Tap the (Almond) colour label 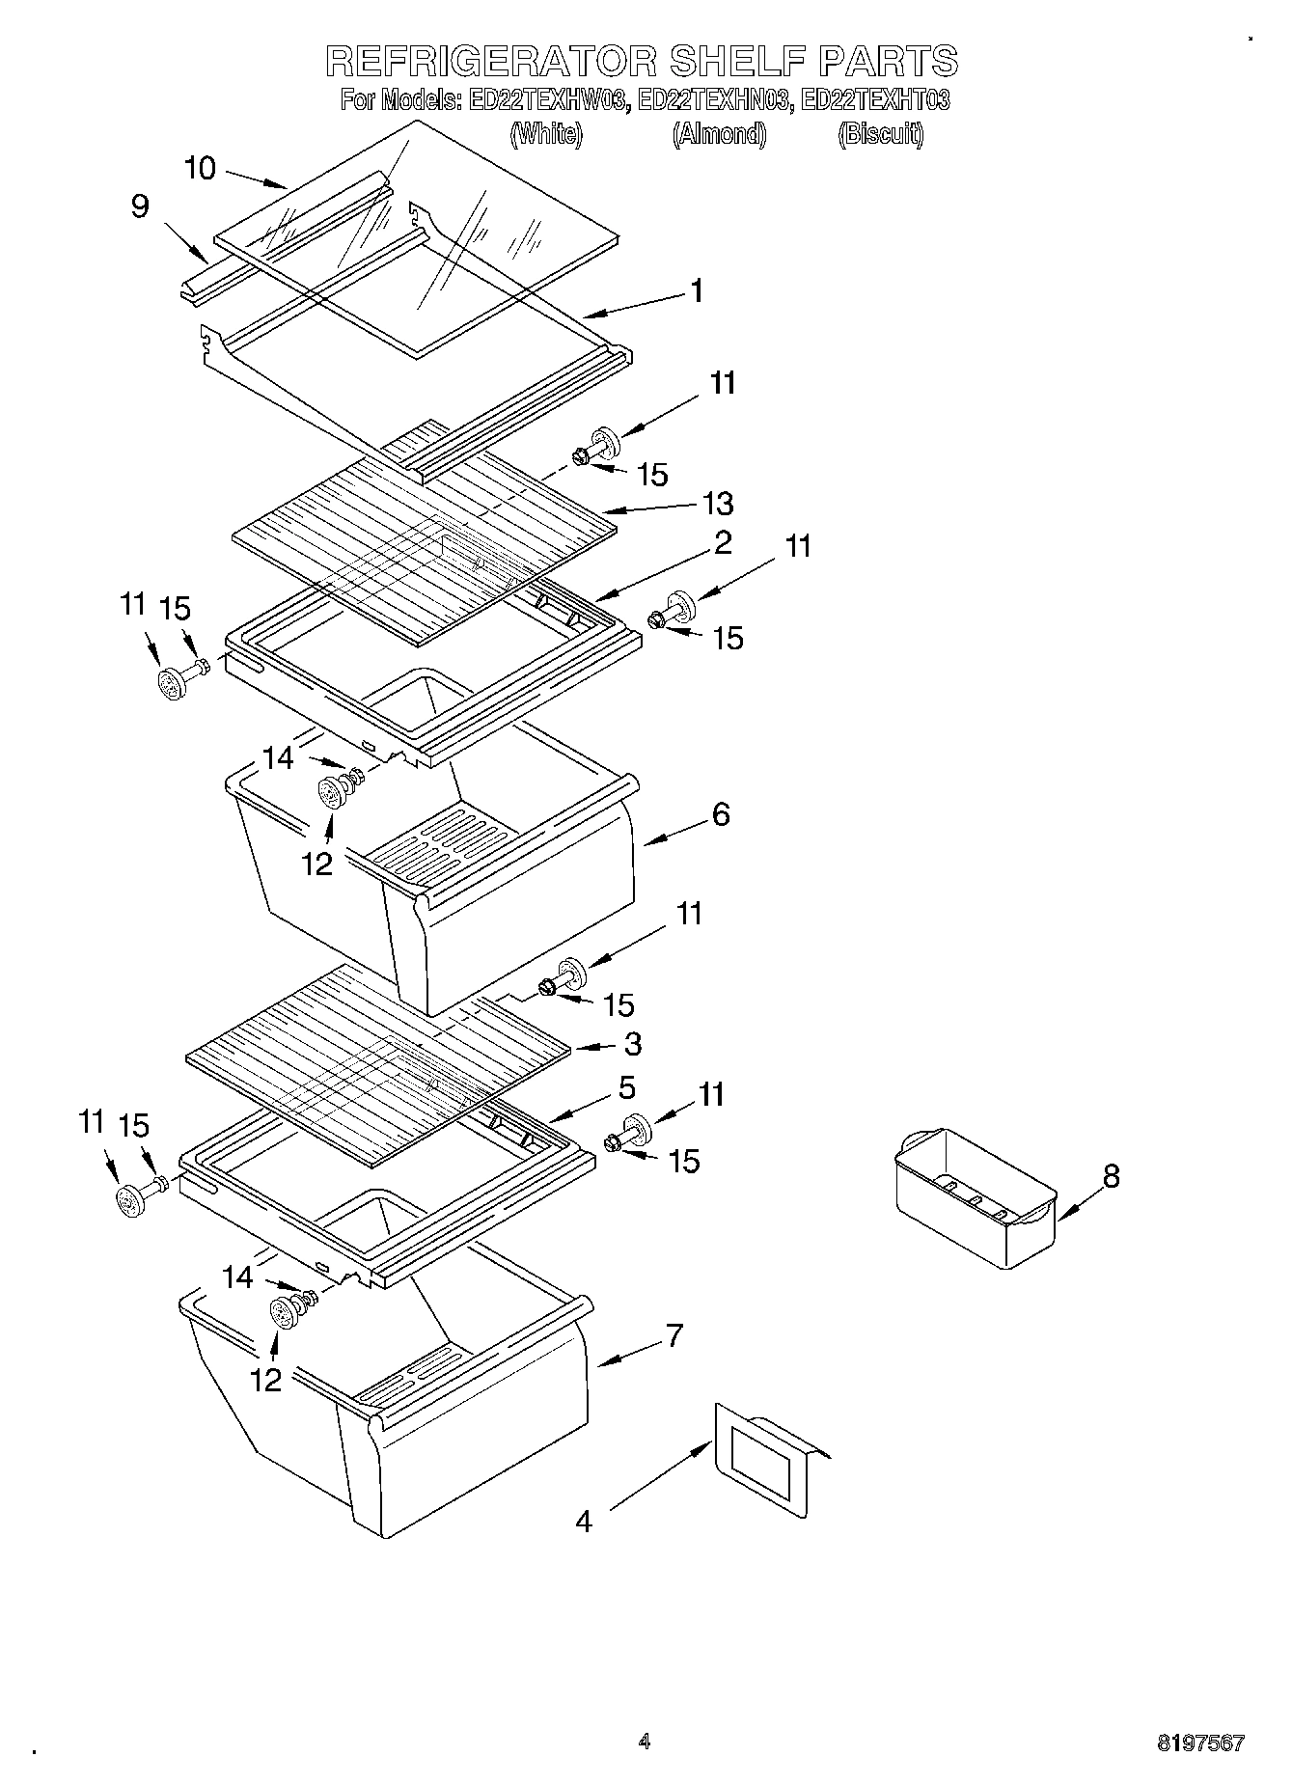coord(719,134)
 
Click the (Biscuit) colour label coord(880,134)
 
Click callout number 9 coord(141,206)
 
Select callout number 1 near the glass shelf coord(696,290)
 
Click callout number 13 coord(718,503)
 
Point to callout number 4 coord(583,1522)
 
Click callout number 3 coord(632,1043)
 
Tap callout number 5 coord(626,1087)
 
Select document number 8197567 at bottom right coord(1200,1743)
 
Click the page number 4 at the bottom coord(645,1741)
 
